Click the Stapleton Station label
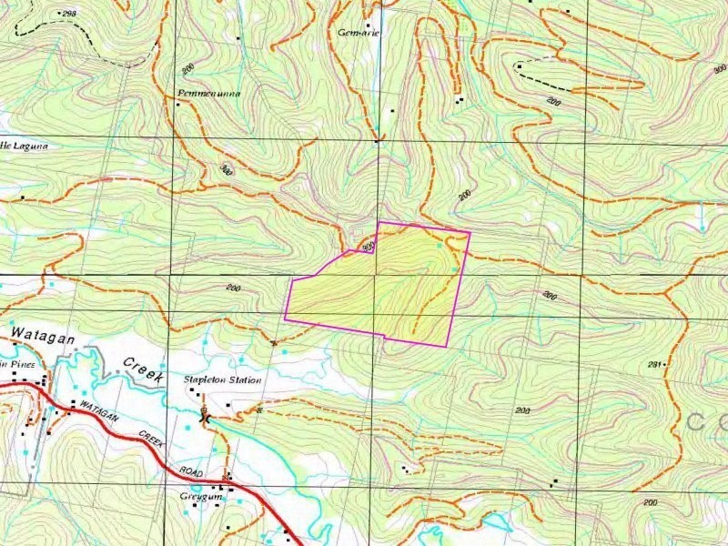222,379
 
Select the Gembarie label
358,32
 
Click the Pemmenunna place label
209,94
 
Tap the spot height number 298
67,14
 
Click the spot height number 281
652,364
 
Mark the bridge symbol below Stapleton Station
206,417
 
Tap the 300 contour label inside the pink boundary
368,247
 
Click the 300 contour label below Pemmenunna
226,169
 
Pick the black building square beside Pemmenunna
178,104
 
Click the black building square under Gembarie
369,25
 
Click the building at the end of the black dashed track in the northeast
519,66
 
